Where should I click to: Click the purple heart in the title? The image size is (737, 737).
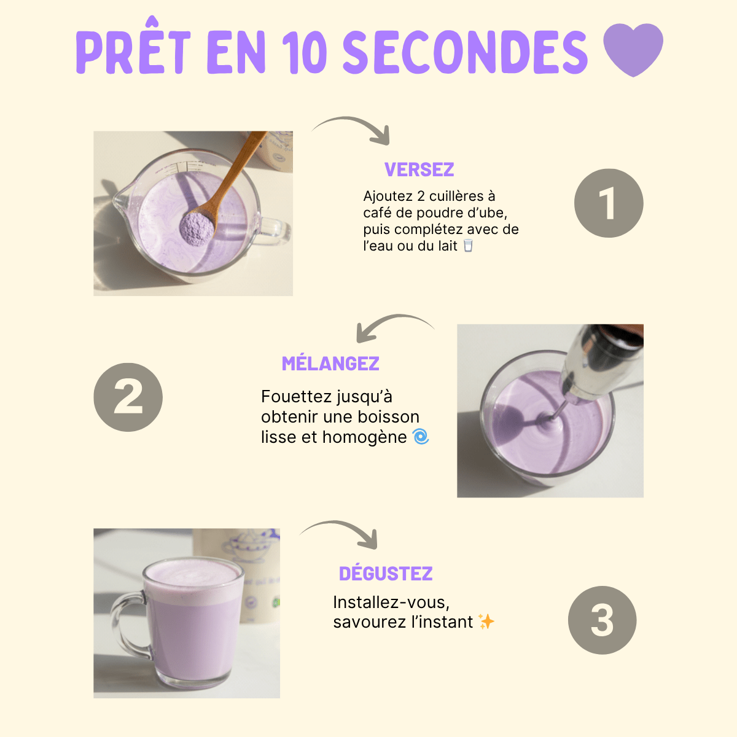point(633,49)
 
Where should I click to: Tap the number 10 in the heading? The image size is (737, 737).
point(305,52)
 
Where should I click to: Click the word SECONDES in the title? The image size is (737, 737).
point(465,52)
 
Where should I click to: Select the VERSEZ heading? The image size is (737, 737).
point(419,170)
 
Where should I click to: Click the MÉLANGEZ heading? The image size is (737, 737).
point(330,364)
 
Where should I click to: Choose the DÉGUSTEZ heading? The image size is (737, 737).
point(386,574)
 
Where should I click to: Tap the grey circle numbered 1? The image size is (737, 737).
point(608,203)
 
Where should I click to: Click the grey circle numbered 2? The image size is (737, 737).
point(128,397)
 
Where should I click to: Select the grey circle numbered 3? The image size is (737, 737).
point(602,620)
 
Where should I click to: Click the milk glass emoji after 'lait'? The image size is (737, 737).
point(469,246)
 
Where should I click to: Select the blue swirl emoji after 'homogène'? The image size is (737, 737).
point(421,437)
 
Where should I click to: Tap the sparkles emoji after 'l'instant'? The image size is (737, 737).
point(486,622)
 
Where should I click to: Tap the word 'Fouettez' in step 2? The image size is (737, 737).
point(292,397)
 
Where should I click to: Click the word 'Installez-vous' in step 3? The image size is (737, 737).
point(391,602)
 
